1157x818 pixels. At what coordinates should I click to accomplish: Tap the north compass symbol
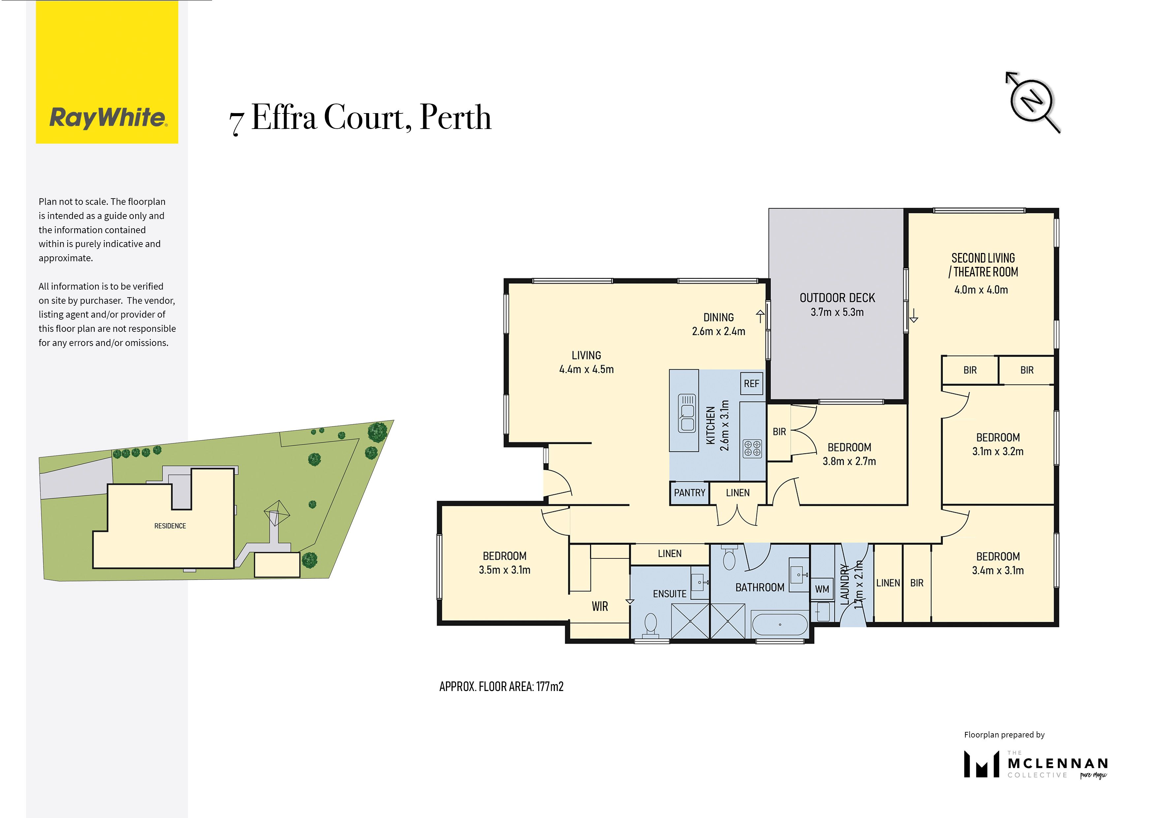click(1032, 101)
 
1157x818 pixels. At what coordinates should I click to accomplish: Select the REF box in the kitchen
click(751, 384)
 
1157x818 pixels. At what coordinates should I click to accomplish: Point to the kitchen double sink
click(687, 413)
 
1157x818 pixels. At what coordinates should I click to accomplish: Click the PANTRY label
click(689, 493)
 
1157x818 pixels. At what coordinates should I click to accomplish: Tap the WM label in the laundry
click(822, 589)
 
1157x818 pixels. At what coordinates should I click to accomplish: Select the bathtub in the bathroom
click(780, 624)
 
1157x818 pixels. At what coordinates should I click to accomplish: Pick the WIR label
click(600, 606)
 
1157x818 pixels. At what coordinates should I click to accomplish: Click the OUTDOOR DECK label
click(837, 298)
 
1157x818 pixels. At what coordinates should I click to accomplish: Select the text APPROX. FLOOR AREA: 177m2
click(501, 686)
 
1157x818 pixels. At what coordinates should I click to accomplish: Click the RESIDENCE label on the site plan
click(170, 526)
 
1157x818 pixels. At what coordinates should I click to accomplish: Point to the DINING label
click(718, 318)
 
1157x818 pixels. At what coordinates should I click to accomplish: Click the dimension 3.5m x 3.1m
click(504, 570)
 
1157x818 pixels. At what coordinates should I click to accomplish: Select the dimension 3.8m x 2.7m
click(849, 461)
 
